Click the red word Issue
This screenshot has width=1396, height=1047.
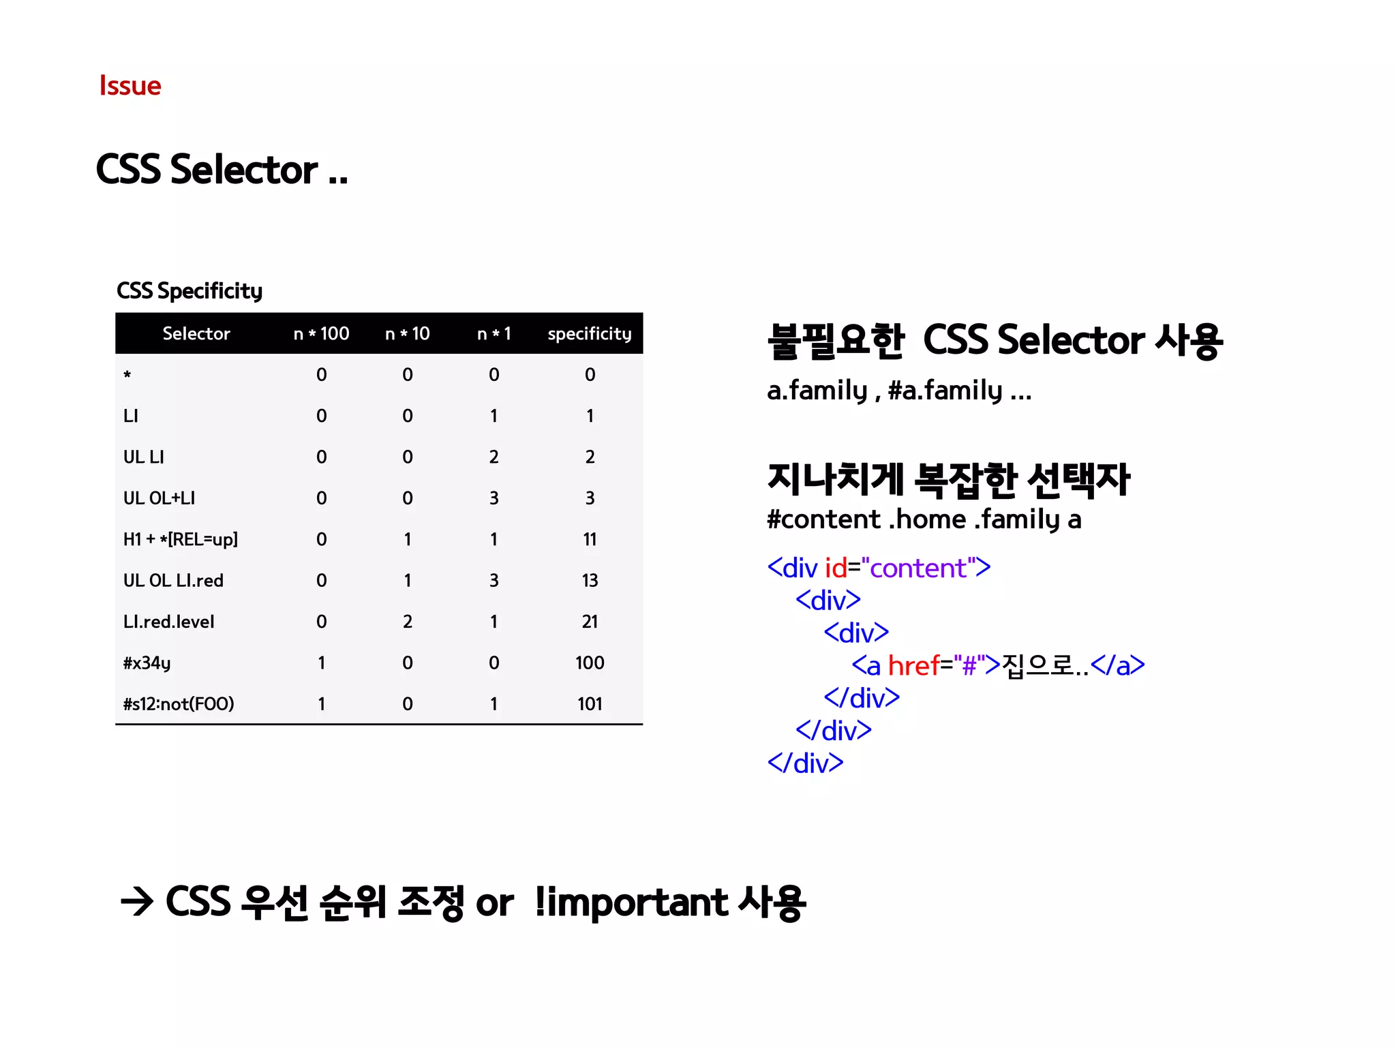130,86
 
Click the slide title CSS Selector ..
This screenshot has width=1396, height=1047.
221,170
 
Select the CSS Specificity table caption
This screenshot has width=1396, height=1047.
189,291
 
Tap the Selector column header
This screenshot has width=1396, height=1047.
196,334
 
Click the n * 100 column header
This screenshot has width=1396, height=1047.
321,334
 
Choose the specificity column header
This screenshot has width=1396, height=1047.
590,334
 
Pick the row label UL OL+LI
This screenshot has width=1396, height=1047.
159,498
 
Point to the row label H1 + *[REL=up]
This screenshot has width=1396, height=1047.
180,540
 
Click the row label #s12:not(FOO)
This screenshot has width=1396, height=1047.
179,704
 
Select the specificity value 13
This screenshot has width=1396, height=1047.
590,581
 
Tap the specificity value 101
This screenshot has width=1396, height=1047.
590,704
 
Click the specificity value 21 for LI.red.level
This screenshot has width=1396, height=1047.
590,622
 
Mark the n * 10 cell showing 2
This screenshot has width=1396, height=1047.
408,622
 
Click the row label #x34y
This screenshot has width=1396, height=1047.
147,663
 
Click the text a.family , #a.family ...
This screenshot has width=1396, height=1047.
898,391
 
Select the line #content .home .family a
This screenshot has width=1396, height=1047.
924,519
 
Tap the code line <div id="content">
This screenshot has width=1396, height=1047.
879,568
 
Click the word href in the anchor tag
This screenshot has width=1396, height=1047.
913,666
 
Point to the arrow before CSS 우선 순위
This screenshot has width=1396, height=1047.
137,903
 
